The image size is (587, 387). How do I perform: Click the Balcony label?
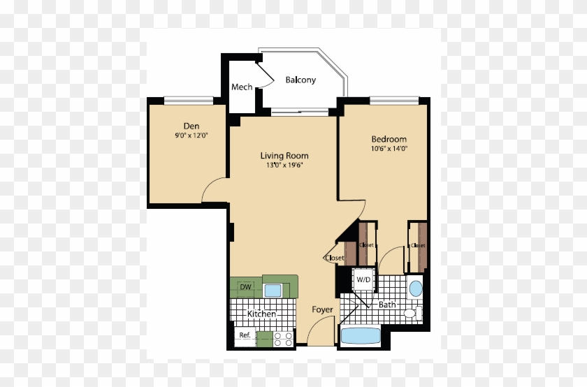[x=300, y=80]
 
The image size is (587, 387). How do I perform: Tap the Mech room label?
[x=242, y=87]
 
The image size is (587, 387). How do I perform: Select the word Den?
[x=182, y=126]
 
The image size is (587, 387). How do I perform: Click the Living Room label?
[x=284, y=156]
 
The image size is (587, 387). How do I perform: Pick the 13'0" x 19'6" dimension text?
[x=284, y=166]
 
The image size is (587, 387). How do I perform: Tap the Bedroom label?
[x=389, y=139]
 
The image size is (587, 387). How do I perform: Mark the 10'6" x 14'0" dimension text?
[x=389, y=148]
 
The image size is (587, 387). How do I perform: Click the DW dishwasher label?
[x=245, y=287]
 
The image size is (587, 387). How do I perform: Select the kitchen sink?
[x=273, y=290]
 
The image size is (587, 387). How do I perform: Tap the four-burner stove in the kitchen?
[x=283, y=339]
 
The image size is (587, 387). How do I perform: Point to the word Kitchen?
[x=262, y=314]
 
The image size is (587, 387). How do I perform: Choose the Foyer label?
[x=322, y=309]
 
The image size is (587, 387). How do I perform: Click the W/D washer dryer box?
[x=364, y=280]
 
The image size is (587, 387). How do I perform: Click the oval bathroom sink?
[x=415, y=288]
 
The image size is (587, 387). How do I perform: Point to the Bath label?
[x=387, y=305]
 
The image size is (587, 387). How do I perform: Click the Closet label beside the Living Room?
[x=334, y=258]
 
